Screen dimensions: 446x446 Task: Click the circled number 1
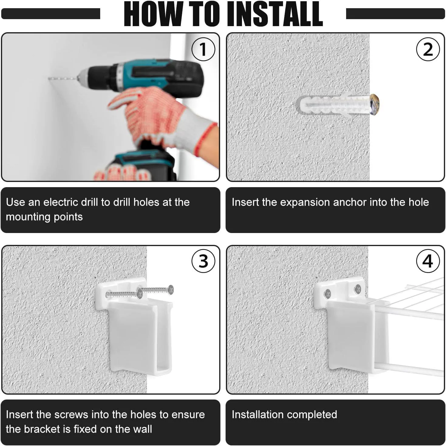[203, 49]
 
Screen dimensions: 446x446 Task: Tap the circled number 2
[428, 49]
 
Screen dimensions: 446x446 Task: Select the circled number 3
[203, 261]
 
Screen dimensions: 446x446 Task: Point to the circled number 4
[428, 261]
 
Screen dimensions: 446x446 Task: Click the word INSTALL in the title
[274, 14]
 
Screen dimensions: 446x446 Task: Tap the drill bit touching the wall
[63, 79]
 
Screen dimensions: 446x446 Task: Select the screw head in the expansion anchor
[374, 104]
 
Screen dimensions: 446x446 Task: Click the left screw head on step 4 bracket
[328, 294]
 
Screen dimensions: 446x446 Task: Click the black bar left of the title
[51, 14]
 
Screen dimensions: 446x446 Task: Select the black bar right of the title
[395, 14]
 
